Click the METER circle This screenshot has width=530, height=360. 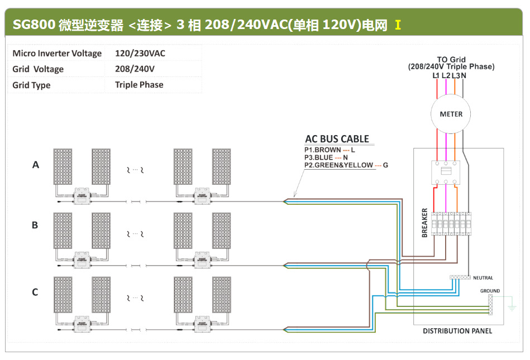[x=451, y=114]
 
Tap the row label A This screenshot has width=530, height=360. [x=36, y=165]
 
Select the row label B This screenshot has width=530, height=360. [x=35, y=225]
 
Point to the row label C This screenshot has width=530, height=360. [x=35, y=292]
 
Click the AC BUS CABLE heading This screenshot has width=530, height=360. [x=337, y=139]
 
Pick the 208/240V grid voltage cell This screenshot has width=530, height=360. [x=135, y=69]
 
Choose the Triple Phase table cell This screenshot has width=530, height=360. [x=139, y=85]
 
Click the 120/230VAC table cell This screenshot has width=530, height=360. [x=140, y=54]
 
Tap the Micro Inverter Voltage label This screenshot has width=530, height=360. [x=57, y=54]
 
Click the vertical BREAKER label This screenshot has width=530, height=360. [x=425, y=222]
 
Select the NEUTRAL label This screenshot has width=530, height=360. [x=483, y=277]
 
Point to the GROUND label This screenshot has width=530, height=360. [x=490, y=291]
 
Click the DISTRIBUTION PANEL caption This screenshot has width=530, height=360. [x=457, y=331]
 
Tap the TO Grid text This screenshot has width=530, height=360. [x=451, y=59]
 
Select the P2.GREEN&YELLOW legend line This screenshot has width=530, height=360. [x=346, y=165]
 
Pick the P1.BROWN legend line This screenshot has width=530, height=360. [x=330, y=150]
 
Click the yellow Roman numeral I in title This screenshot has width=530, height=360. [x=398, y=25]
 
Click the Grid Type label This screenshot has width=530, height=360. [x=31, y=85]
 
